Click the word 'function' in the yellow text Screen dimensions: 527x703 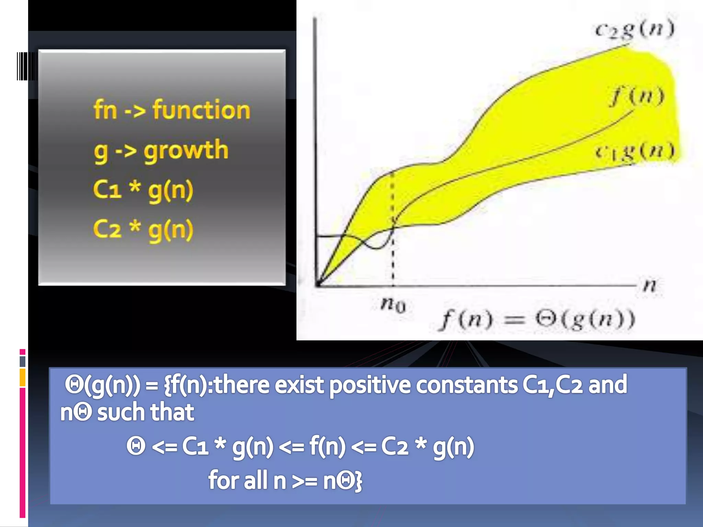coord(202,110)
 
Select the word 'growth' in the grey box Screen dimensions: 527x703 coord(186,150)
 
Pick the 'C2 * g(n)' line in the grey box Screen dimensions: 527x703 coord(143,229)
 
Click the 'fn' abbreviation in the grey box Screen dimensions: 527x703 coord(105,110)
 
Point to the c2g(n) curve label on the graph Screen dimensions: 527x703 coord(634,30)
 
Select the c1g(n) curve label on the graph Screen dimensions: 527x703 coord(635,151)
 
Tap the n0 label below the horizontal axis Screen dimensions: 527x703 coord(393,304)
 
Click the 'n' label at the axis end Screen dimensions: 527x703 coord(650,285)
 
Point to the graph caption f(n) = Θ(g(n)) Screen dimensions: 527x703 coord(537,320)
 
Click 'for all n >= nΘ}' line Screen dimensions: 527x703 coord(285,480)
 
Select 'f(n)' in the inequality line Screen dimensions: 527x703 coord(327,447)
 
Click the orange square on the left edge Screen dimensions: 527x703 coord(23,377)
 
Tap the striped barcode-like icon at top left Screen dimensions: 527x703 coord(27,66)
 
